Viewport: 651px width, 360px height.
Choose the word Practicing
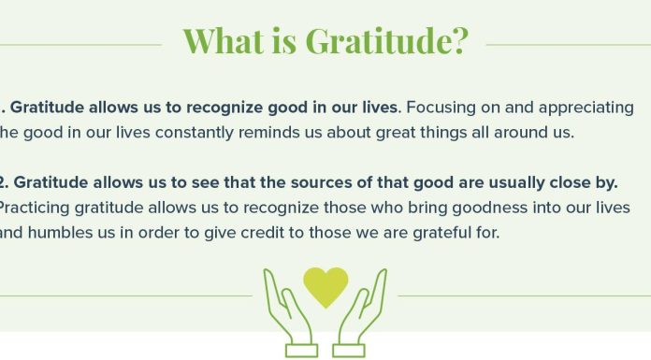click(x=38, y=207)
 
